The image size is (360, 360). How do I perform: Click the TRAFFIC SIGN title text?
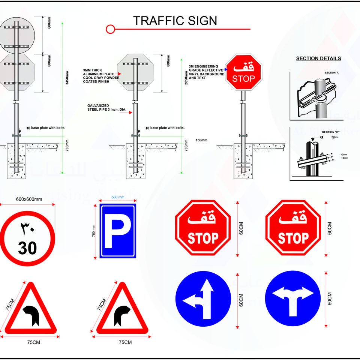pyautogui.click(x=175, y=21)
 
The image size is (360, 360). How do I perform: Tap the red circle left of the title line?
pyautogui.click(x=110, y=29)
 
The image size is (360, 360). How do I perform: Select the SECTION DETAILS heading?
pyautogui.click(x=318, y=58)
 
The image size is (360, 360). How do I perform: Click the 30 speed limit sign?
pyautogui.click(x=27, y=238)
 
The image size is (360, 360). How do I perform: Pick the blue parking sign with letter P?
pyautogui.click(x=117, y=231)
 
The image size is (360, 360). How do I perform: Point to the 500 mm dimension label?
pyautogui.click(x=118, y=197)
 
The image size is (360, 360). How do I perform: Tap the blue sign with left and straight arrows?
pyautogui.click(x=203, y=298)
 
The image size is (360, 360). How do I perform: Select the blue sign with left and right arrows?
pyautogui.click(x=293, y=298)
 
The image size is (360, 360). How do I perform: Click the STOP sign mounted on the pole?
pyautogui.click(x=243, y=72)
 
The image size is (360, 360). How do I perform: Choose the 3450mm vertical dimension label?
pyautogui.click(x=67, y=78)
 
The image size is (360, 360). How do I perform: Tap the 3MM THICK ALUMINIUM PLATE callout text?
pyautogui.click(x=101, y=76)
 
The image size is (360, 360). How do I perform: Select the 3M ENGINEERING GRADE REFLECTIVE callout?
pyautogui.click(x=206, y=72)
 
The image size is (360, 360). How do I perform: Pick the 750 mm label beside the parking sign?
pyautogui.click(x=94, y=230)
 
